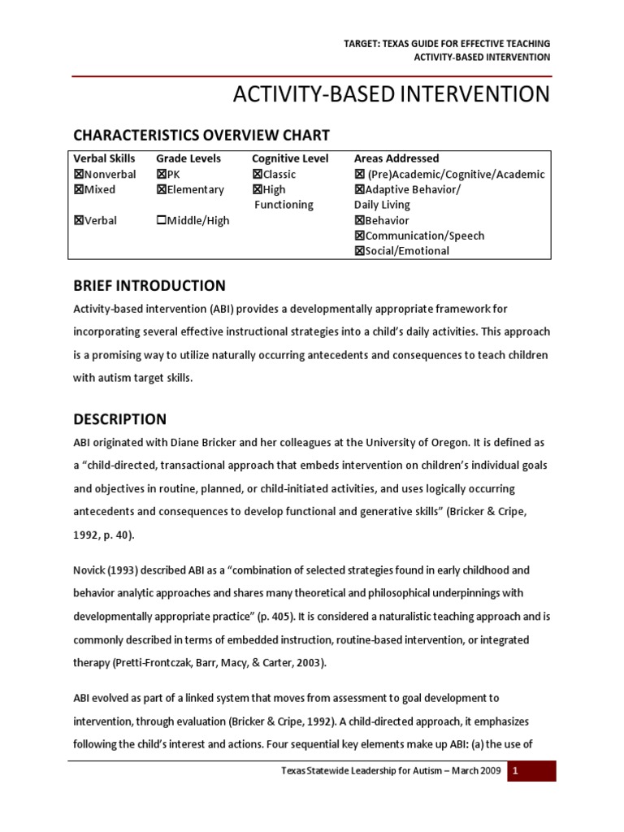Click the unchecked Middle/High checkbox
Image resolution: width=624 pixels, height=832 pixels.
161,221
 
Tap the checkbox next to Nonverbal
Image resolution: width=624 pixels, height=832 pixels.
79,175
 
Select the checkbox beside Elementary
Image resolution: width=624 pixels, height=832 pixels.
161,190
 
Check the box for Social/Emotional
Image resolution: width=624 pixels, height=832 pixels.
359,251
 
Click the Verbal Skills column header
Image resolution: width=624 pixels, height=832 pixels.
105,158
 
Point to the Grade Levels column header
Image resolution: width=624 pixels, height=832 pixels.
188,158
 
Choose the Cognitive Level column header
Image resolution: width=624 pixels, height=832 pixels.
290,158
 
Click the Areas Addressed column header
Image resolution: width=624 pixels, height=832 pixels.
396,158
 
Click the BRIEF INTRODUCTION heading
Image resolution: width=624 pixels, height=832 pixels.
149,286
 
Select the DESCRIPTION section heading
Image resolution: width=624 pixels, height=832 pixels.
119,420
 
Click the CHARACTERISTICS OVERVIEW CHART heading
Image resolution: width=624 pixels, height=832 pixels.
201,135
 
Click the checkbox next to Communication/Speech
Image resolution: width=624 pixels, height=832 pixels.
359,236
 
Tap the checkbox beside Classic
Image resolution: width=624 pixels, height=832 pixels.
257,175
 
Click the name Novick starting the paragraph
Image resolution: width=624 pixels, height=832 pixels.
90,571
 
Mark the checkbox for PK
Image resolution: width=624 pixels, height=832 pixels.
161,175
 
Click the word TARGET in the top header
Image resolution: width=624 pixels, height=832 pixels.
362,43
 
